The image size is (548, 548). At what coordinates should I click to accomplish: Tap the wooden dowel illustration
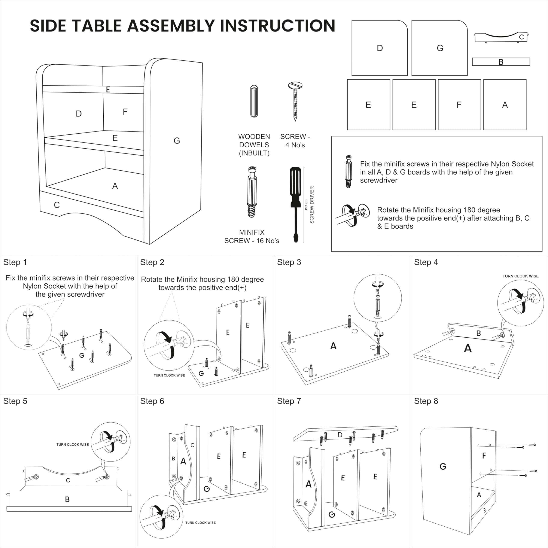(x=254, y=101)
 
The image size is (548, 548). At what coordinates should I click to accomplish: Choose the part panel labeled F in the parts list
(x=459, y=105)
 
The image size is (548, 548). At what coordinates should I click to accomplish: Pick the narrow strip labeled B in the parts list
(x=501, y=62)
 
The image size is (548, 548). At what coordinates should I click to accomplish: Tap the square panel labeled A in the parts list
(x=505, y=105)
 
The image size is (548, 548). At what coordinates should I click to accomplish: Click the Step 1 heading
(x=15, y=262)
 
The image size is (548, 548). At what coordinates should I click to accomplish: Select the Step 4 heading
(x=426, y=262)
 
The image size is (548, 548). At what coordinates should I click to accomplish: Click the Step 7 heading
(x=289, y=401)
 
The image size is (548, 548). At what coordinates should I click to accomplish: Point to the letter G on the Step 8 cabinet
(x=443, y=466)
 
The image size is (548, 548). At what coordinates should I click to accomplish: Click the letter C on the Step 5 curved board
(x=68, y=480)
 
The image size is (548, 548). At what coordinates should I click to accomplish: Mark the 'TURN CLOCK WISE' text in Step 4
(x=520, y=276)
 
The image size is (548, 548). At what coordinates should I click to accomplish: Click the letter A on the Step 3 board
(x=333, y=346)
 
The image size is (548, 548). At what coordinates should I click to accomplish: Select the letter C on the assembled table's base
(x=57, y=205)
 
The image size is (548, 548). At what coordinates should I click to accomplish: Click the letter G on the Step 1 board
(x=82, y=355)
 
